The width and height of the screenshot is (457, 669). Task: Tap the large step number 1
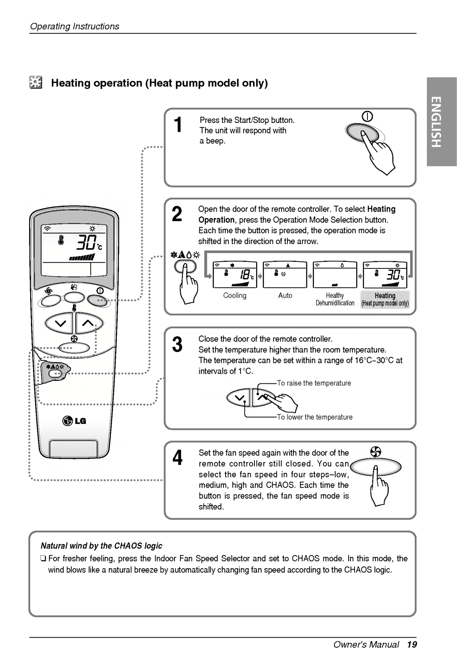coord(178,125)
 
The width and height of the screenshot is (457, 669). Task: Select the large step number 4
coord(178,458)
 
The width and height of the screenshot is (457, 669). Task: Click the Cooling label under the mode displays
coord(235,296)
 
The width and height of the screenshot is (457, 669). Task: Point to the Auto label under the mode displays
coord(285,296)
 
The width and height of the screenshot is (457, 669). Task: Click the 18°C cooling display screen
coord(234,275)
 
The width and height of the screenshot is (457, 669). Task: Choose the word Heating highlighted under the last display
coord(385,296)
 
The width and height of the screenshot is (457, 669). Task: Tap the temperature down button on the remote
coord(59,323)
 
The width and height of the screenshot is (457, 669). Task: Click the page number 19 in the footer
coord(412,644)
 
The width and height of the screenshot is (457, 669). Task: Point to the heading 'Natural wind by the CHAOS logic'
coord(101,546)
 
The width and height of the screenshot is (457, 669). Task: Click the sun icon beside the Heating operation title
coord(35,83)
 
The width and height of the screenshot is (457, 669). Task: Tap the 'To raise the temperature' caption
coord(314,383)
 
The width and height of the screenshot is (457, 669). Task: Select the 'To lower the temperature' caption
coord(315,417)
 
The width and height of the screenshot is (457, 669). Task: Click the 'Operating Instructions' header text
coord(74,26)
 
